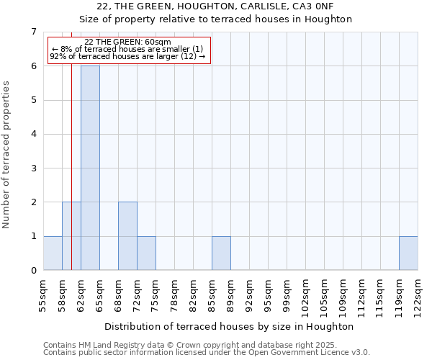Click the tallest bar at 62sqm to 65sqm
click(x=90, y=168)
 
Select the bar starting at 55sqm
click(x=53, y=253)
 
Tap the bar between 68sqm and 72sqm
click(x=127, y=236)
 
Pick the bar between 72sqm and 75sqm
click(x=146, y=253)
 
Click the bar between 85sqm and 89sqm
click(x=221, y=253)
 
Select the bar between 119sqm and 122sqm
click(x=408, y=253)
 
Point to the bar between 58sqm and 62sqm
click(x=71, y=236)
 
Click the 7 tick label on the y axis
click(x=33, y=32)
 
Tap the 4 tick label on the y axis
click(x=33, y=134)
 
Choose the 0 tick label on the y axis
click(x=33, y=271)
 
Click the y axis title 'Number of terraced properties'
click(x=7, y=154)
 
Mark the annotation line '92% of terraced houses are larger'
click(x=127, y=56)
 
